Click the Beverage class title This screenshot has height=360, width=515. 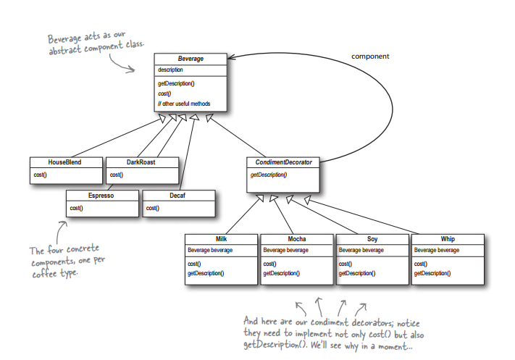190,59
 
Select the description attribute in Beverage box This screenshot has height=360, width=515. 170,70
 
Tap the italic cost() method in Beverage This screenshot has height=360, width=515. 164,93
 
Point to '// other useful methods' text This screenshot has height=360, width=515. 184,104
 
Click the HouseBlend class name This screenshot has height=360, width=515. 64,162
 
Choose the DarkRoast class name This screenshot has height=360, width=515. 141,162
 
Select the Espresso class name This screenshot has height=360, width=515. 101,196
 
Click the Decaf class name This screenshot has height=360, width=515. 177,196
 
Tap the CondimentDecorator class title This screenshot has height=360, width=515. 283,162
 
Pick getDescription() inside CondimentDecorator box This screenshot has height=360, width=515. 269,175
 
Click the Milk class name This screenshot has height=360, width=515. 221,239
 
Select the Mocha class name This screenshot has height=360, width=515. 297,239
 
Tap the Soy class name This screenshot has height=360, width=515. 372,239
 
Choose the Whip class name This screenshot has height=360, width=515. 448,239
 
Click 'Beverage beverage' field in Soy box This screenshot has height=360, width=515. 361,251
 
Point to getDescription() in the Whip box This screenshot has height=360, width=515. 432,273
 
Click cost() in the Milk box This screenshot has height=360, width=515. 194,264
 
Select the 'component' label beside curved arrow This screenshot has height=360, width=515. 370,56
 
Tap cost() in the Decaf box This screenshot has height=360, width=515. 152,208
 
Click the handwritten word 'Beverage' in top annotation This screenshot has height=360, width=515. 64,39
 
